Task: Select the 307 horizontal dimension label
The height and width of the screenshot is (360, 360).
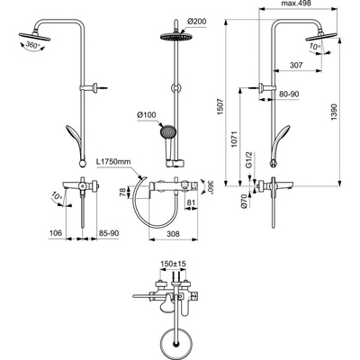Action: (x=293, y=64)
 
